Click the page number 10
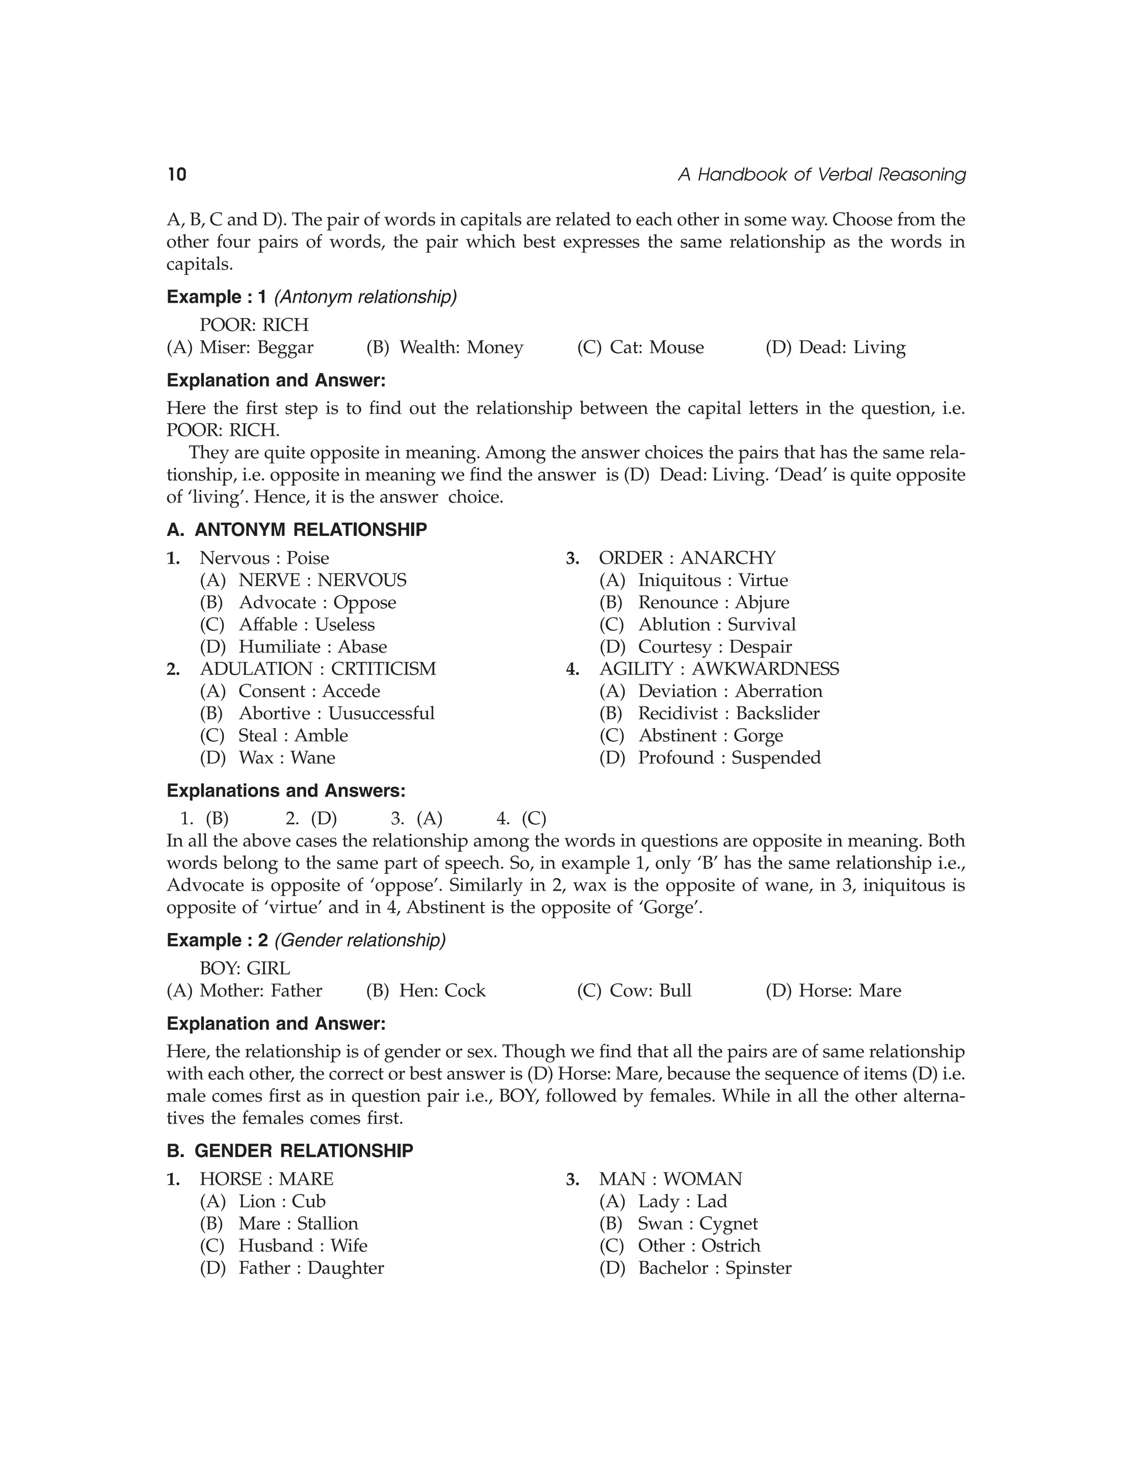click(x=177, y=175)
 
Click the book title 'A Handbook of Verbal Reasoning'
click(x=821, y=175)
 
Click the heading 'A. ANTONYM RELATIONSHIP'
click(x=296, y=530)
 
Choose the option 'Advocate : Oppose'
click(x=317, y=602)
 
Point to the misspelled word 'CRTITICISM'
click(x=384, y=668)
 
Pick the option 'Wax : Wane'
click(x=286, y=757)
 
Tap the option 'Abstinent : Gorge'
click(x=710, y=735)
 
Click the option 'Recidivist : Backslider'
click(x=729, y=713)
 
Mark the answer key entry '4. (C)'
click(x=521, y=819)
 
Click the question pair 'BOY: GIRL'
click(x=245, y=968)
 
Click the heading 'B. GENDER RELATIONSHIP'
click(x=290, y=1150)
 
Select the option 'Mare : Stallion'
click(x=298, y=1223)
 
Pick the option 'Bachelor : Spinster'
click(x=714, y=1267)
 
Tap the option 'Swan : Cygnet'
click(x=698, y=1223)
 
